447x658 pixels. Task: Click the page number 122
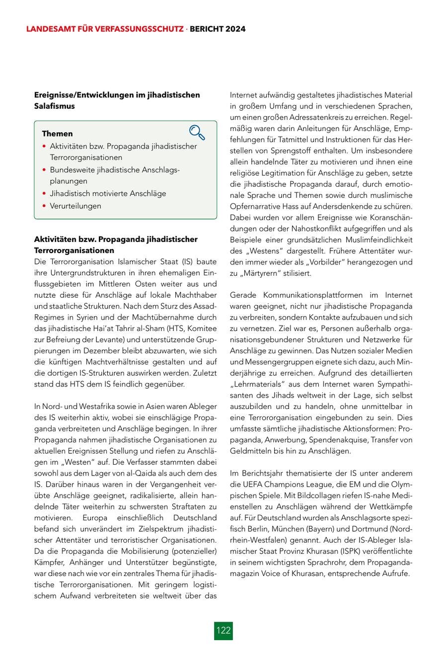click(x=223, y=630)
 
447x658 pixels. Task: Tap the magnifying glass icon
click(x=197, y=132)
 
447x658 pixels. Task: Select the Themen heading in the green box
click(x=57, y=134)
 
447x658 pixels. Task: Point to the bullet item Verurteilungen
click(x=75, y=206)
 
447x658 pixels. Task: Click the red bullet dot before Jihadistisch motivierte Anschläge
click(x=45, y=194)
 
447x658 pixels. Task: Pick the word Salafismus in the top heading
click(x=54, y=106)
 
